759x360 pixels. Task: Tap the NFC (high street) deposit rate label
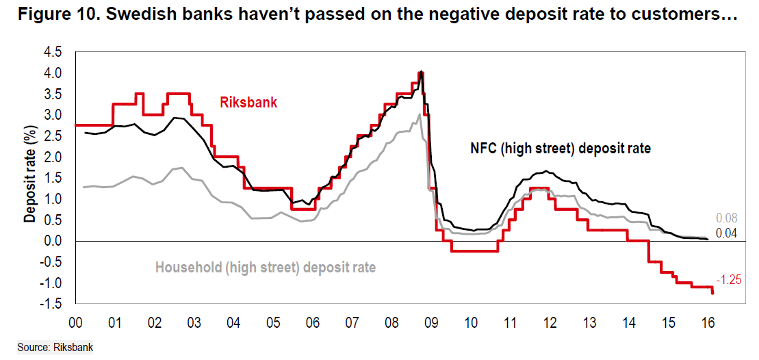[x=559, y=148]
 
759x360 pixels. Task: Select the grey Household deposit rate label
[x=266, y=268]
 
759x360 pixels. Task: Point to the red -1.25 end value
[x=728, y=280]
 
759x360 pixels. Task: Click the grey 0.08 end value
[x=727, y=219]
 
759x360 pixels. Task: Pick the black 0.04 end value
[x=727, y=234]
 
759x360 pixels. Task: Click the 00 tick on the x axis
[x=76, y=322]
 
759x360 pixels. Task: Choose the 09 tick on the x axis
[x=431, y=322]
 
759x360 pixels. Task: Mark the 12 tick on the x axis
[x=550, y=322]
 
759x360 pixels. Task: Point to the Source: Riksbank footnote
[x=55, y=348]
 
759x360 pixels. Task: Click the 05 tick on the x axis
[x=273, y=322]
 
